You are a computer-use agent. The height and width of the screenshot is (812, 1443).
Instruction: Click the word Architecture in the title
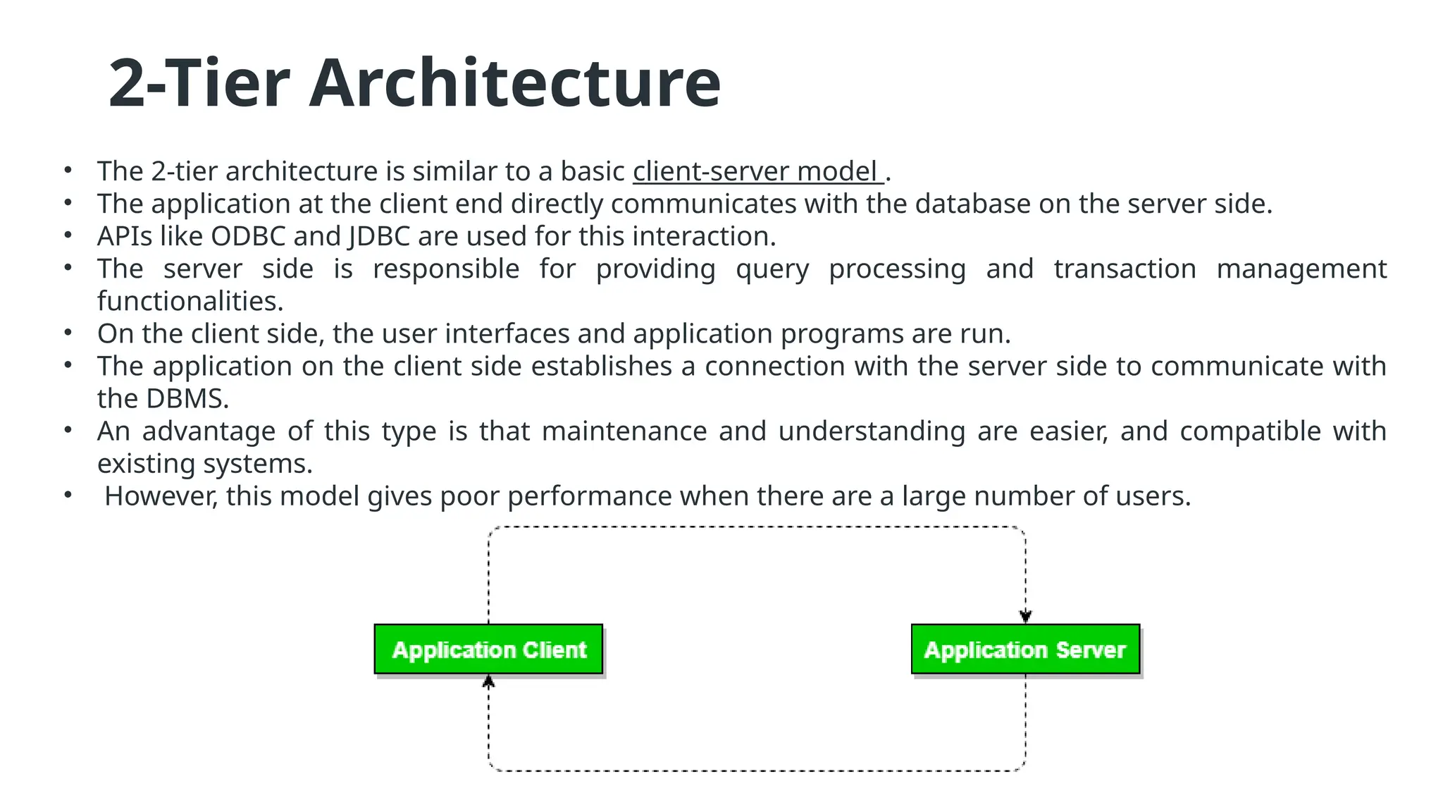514,83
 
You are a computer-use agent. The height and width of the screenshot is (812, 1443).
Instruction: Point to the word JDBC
379,236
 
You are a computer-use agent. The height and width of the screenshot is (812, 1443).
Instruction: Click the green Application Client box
488,649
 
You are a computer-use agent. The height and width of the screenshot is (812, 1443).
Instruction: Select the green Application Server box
1025,649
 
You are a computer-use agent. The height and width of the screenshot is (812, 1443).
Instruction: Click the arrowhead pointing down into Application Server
1025,617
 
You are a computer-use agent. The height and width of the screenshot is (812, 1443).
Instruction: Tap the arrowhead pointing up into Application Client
488,681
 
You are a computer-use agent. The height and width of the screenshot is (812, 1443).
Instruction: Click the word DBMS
187,399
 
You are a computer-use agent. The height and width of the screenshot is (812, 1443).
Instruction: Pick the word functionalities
190,302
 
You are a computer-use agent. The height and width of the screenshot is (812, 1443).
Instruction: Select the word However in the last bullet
161,496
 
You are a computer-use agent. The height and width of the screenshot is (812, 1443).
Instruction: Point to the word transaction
1125,269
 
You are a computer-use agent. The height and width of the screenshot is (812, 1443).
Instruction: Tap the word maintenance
624,431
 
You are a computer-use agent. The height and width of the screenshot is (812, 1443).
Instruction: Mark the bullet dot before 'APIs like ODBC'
68,235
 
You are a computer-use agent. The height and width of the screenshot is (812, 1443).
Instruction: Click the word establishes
602,367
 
